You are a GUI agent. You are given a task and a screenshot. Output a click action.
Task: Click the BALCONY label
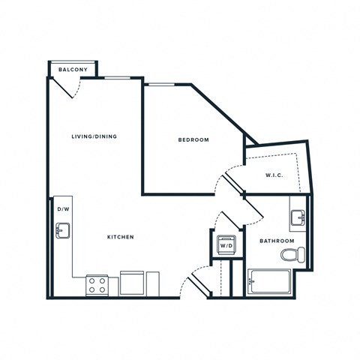coord(73,70)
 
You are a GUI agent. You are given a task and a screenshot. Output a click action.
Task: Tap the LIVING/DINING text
coord(94,136)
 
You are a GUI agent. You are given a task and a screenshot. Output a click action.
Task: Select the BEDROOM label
coord(193,140)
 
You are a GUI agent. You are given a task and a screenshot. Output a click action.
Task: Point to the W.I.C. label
coord(273,175)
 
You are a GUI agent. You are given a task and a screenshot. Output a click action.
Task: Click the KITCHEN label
coord(120,237)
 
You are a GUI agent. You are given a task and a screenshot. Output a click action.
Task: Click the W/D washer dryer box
coord(225,244)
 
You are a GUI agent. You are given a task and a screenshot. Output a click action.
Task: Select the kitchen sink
coord(62,230)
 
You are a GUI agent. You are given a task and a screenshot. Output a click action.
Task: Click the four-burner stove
coord(97,285)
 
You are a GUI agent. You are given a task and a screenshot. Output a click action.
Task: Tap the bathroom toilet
coord(293,255)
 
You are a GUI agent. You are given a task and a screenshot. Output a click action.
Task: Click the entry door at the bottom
coord(196,283)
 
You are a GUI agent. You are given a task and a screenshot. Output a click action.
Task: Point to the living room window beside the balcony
coord(115,77)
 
